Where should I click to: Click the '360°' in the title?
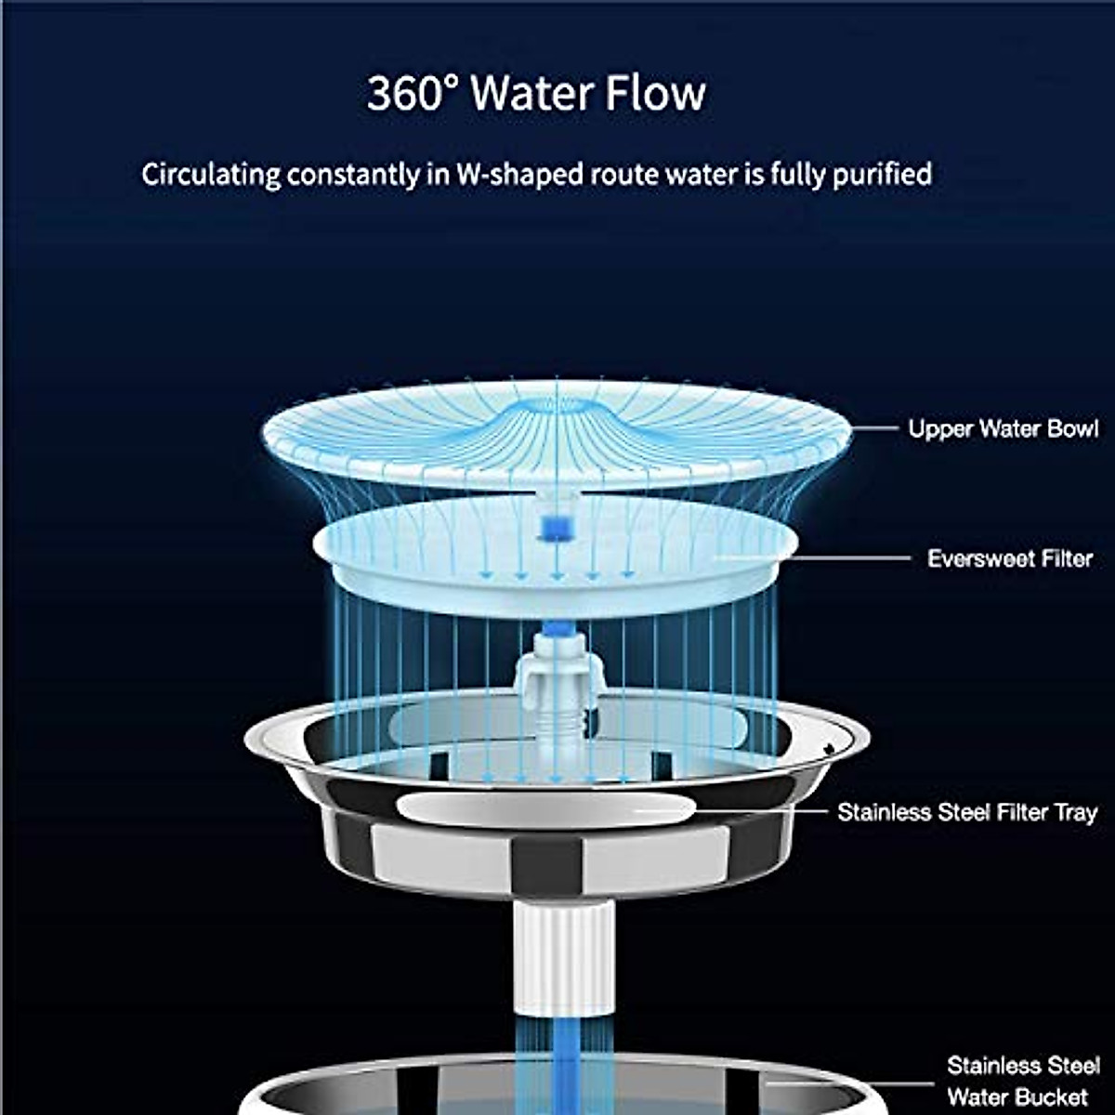tap(413, 94)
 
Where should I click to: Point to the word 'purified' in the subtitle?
tap(882, 175)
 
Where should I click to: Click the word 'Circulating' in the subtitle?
tap(211, 175)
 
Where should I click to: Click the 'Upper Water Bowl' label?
tap(1003, 429)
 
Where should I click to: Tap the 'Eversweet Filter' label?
tap(1009, 558)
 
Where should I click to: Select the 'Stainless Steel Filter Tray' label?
tap(966, 812)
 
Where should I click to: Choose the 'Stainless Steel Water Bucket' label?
tap(1023, 1080)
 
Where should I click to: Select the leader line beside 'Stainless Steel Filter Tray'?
tap(762, 811)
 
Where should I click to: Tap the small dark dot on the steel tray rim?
tap(829, 747)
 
